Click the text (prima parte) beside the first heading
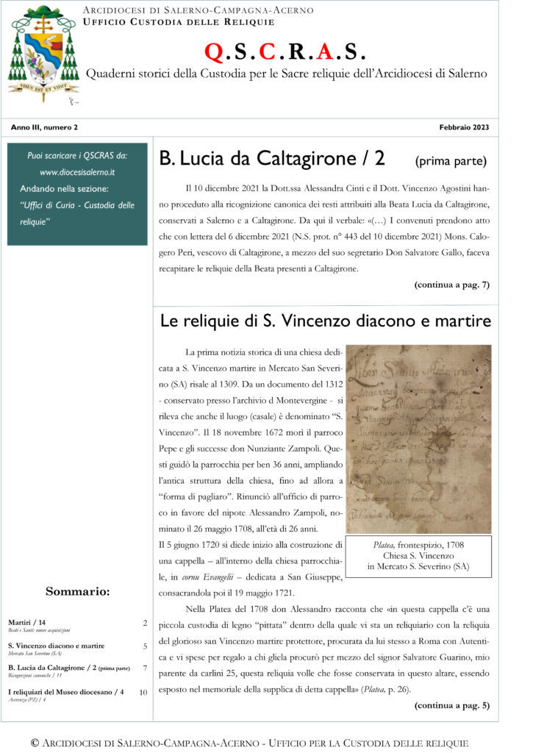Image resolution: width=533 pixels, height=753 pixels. pos(450,160)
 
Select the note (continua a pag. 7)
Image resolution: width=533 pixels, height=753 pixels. pos(451,284)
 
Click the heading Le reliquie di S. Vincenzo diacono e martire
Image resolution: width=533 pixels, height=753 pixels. pos(325,321)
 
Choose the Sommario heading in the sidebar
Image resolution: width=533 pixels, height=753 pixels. pos(78,590)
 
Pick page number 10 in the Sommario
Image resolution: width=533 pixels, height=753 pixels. pos(143,692)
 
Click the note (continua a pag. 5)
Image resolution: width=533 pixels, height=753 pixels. pos(451,706)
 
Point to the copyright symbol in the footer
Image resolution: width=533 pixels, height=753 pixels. pos(35,743)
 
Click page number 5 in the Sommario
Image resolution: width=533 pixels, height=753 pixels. pos(145,646)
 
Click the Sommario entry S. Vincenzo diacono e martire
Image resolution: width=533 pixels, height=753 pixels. pos(57,646)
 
